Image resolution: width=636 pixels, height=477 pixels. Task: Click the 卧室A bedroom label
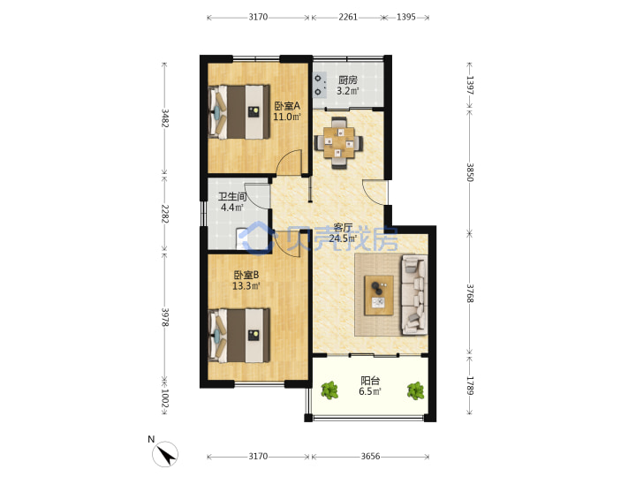click(287, 106)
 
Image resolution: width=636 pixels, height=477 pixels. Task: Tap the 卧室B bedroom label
click(246, 275)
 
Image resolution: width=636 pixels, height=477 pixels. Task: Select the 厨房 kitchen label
click(348, 80)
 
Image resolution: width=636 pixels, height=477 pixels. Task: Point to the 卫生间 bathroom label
click(232, 197)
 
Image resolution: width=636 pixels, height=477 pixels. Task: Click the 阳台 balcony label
click(370, 381)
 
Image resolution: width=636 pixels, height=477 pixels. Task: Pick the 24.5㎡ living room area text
click(343, 238)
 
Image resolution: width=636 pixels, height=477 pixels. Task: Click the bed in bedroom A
click(239, 112)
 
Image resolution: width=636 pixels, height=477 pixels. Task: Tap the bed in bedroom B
click(239, 336)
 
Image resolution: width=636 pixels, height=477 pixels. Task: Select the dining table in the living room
click(338, 142)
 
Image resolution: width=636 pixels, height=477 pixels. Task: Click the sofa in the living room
click(414, 295)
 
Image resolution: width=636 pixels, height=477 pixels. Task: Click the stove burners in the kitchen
click(319, 85)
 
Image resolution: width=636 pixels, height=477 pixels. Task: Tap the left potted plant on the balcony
click(329, 390)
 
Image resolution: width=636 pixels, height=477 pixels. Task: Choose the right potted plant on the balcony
click(415, 391)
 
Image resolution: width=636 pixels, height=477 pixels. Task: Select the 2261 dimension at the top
click(348, 17)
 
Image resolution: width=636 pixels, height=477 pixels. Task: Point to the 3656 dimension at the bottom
click(370, 457)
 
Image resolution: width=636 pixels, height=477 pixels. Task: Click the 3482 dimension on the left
click(164, 118)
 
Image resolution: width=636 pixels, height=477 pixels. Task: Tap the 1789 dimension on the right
click(470, 386)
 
